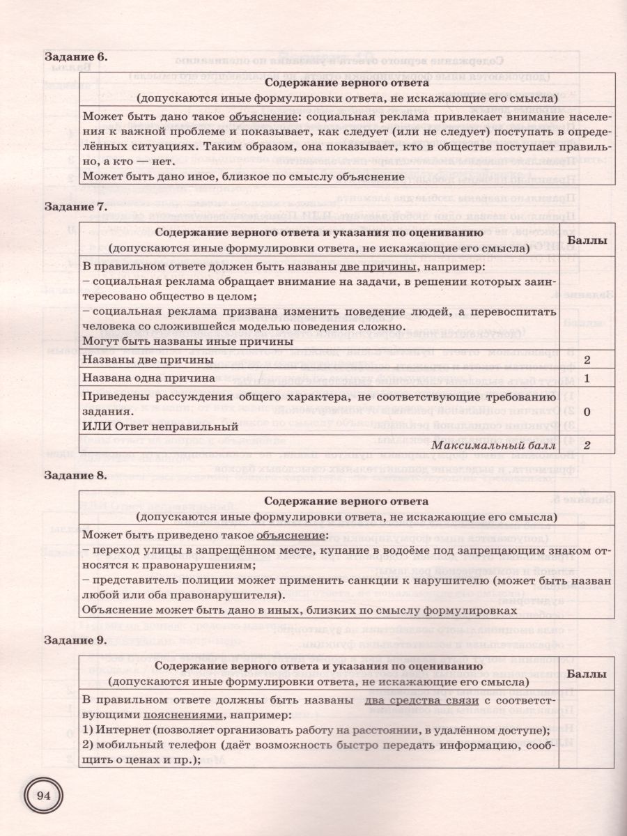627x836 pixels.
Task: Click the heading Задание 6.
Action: (76, 56)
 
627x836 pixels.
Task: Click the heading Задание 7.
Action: (76, 207)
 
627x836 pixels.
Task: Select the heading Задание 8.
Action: (76, 476)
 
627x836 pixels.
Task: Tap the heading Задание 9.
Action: (76, 639)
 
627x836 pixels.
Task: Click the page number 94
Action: (44, 796)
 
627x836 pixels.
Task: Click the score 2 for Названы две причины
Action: (587, 359)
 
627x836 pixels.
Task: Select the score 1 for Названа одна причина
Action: (587, 378)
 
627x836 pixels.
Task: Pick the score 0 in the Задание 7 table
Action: (587, 412)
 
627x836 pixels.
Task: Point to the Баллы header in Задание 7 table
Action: (587, 240)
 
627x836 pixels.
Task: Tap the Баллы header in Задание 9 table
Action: (587, 674)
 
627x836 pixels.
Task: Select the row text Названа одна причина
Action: (148, 378)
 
